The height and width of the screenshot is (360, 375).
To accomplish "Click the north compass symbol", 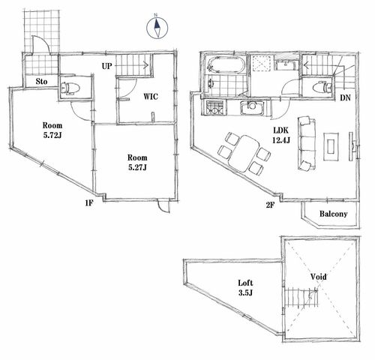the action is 157,28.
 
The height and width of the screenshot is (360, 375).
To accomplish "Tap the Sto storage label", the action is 41,82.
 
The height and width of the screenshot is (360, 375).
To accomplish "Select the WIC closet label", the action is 151,97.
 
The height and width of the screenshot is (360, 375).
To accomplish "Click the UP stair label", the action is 106,66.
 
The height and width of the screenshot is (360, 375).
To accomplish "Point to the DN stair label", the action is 345,97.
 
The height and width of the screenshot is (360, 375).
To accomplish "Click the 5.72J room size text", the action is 52,136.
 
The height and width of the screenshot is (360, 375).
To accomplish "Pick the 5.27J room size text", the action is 137,167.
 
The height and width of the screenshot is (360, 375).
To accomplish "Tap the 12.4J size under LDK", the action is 281,140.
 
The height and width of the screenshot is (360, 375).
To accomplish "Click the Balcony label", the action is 334,214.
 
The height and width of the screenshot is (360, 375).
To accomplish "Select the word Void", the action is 318,277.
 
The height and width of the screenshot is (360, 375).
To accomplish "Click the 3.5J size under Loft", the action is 245,292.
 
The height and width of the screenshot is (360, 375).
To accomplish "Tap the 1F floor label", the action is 89,203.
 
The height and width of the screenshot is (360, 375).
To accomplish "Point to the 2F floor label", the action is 270,205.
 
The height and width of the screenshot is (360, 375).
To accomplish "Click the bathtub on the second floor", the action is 226,65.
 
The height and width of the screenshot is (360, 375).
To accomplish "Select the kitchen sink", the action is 252,107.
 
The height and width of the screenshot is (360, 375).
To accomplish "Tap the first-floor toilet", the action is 70,88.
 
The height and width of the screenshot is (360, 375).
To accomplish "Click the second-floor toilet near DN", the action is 322,87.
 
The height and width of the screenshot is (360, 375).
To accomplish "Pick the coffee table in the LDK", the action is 331,147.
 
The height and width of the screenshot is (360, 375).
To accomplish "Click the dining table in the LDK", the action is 244,154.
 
